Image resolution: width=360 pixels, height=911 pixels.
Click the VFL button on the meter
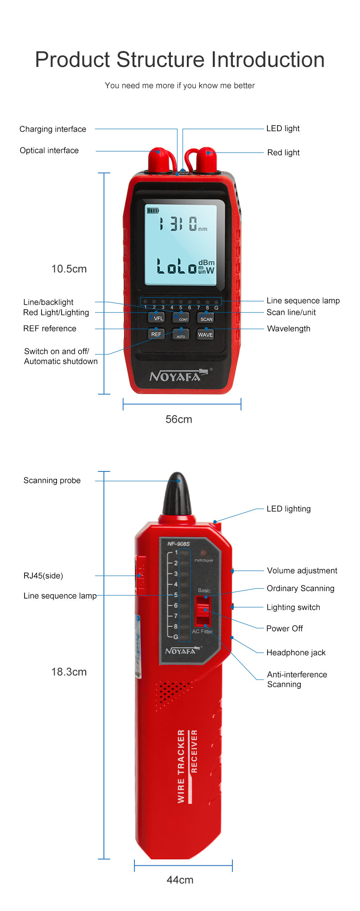(156, 317)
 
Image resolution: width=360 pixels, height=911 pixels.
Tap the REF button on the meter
(156, 334)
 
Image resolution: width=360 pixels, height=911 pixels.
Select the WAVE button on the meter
(206, 334)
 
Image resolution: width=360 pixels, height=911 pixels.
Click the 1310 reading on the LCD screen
(178, 224)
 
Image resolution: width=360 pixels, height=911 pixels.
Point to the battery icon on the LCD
(153, 210)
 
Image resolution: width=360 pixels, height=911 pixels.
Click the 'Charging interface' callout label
(53, 129)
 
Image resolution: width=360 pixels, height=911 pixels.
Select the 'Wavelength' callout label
(288, 329)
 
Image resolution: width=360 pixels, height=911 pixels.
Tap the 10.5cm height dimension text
(69, 269)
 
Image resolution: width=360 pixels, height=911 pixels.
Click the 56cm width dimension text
(179, 419)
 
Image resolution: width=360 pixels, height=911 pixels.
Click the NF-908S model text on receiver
(179, 544)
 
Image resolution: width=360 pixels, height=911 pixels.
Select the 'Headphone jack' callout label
(296, 653)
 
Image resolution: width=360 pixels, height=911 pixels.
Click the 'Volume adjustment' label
(302, 571)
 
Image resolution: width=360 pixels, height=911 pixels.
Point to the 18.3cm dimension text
(69, 672)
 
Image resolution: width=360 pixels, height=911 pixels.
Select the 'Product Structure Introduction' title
(180, 60)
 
